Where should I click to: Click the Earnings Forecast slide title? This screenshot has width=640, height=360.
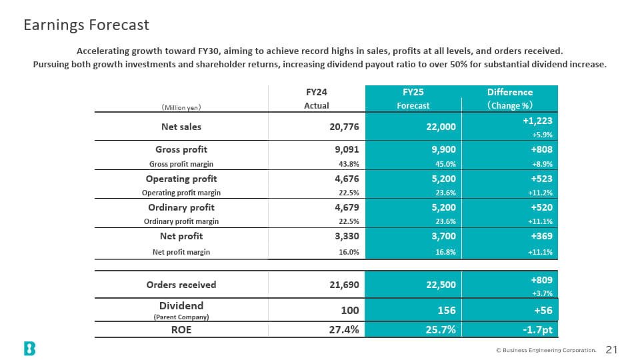(x=86, y=25)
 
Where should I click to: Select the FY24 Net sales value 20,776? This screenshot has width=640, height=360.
(x=344, y=127)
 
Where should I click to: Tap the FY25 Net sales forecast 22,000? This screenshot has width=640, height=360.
(x=441, y=127)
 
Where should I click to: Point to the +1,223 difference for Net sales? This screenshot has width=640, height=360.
(x=537, y=121)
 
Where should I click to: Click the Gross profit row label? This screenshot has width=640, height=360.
(x=181, y=149)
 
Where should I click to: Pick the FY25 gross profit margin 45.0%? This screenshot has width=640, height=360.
(x=445, y=164)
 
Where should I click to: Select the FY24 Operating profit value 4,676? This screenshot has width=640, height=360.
(x=347, y=179)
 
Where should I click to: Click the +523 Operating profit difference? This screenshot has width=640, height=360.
(x=541, y=179)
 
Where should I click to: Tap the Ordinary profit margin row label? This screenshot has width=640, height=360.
(x=181, y=221)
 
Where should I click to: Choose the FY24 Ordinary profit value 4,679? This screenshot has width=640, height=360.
(x=347, y=207)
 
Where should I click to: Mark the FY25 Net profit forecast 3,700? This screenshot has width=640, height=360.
(x=444, y=236)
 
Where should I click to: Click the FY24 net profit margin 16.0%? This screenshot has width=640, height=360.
(x=349, y=252)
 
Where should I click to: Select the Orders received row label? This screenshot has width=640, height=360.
(x=181, y=285)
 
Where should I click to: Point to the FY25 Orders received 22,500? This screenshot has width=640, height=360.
(x=441, y=285)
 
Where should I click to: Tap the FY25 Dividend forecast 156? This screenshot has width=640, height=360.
(x=447, y=311)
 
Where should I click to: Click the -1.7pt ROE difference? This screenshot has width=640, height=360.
(x=537, y=330)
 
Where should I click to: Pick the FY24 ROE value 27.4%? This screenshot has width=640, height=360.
(x=344, y=330)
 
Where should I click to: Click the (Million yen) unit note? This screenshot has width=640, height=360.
(x=181, y=108)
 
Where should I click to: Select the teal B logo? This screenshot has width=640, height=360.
(x=29, y=349)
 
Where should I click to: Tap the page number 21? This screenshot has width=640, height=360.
(x=611, y=350)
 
